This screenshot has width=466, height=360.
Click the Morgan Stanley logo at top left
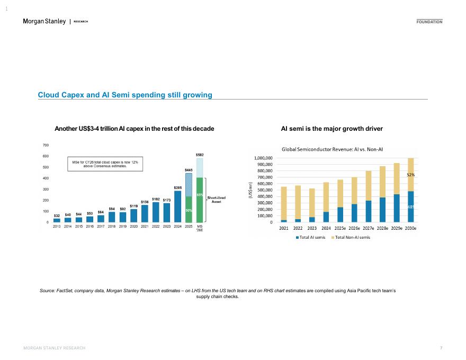(x=44, y=21)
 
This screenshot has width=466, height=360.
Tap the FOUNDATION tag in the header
(x=429, y=22)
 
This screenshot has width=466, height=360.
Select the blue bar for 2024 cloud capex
(x=178, y=206)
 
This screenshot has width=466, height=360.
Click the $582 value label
(x=200, y=155)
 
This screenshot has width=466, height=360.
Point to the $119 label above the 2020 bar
(x=134, y=206)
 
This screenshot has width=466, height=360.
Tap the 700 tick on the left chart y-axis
(x=46, y=145)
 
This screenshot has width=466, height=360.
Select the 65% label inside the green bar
(x=200, y=195)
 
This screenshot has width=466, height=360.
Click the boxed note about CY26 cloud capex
(x=105, y=164)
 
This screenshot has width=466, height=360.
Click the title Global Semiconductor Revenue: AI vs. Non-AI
(x=331, y=149)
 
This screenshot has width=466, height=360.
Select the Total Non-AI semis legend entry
(x=351, y=237)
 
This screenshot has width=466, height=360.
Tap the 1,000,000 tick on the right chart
(x=263, y=158)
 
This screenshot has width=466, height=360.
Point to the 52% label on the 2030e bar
(x=410, y=174)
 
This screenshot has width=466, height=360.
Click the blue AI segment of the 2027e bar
(x=368, y=211)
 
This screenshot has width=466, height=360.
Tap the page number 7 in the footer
(x=441, y=348)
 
